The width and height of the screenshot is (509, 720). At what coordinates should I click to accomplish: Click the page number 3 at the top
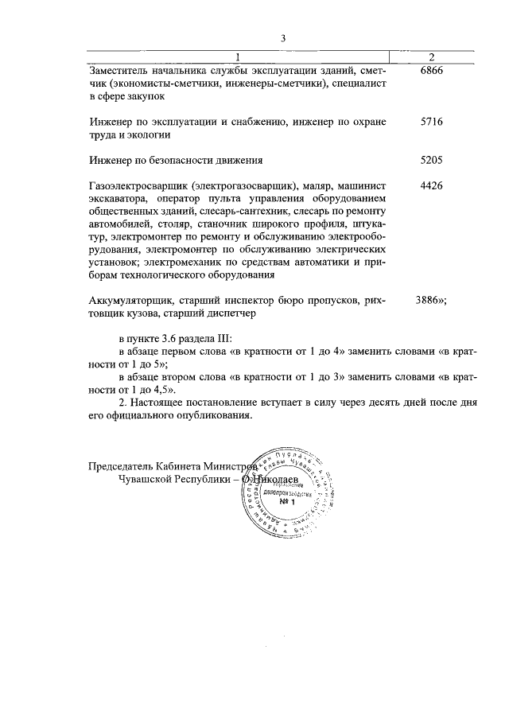pyautogui.click(x=282, y=37)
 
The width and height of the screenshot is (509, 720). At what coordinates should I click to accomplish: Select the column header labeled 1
pyautogui.click(x=237, y=56)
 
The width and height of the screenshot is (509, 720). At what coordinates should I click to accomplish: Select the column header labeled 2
pyautogui.click(x=430, y=56)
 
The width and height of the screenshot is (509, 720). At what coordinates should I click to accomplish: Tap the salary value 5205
pyautogui.click(x=430, y=160)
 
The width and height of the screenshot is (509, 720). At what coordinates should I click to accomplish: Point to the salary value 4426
pyautogui.click(x=430, y=185)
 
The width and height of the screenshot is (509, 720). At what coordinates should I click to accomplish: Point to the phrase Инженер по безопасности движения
pyautogui.click(x=176, y=160)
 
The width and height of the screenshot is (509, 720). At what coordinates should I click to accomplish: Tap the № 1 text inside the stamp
pyautogui.click(x=287, y=502)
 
